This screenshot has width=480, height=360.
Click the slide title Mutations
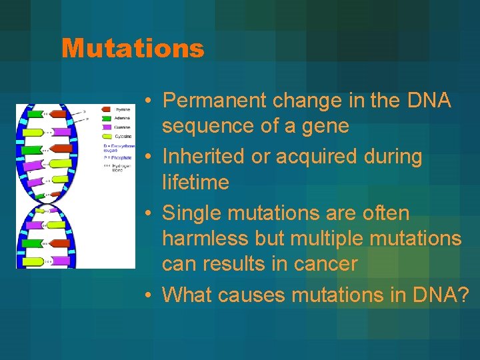(x=132, y=48)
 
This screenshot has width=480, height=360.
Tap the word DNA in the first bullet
(x=427, y=101)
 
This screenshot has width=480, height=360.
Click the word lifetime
(x=195, y=182)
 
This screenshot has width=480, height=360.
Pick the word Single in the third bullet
(x=192, y=213)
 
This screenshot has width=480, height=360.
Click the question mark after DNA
(x=463, y=293)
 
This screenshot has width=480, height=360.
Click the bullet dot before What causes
(x=152, y=294)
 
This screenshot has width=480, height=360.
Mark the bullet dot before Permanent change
(x=152, y=101)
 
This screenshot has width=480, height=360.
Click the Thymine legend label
(x=124, y=109)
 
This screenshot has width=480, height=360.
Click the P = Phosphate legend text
(x=120, y=158)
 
